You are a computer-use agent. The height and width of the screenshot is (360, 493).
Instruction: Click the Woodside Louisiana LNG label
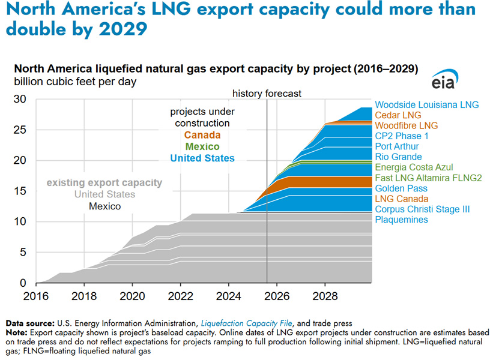[x=426, y=105]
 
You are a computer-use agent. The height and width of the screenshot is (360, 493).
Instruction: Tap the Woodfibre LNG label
[x=407, y=126]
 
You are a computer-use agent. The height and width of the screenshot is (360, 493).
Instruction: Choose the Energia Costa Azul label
[x=414, y=167]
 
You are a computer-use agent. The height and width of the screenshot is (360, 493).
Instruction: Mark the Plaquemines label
[x=401, y=220]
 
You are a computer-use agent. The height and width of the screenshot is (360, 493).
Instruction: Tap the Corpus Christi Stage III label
[x=422, y=209]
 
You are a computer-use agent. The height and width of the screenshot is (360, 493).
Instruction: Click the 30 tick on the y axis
[x=19, y=99]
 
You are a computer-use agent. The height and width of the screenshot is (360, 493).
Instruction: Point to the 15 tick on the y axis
[x=19, y=191]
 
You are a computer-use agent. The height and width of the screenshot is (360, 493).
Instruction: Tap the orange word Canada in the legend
[x=202, y=135]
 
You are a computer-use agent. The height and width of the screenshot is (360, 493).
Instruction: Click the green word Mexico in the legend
[x=202, y=146]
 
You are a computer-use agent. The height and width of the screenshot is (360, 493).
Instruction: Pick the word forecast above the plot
[x=285, y=94]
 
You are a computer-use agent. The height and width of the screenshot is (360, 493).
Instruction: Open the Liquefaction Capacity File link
[x=244, y=323]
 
